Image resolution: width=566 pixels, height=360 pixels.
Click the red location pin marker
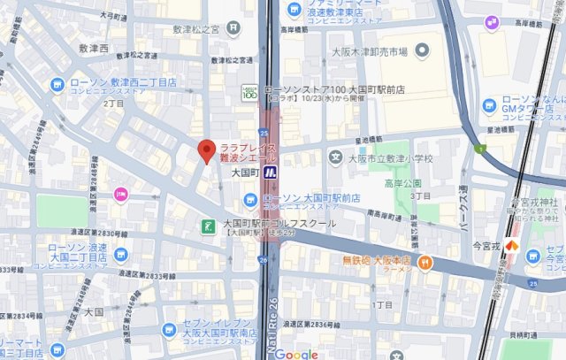(207, 151)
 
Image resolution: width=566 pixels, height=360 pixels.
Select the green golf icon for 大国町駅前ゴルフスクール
(208, 226)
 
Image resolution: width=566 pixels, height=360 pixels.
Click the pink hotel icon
(120, 195)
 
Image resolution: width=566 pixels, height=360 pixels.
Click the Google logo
(295, 354)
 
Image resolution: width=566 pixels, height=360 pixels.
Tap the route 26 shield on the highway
(263, 258)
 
